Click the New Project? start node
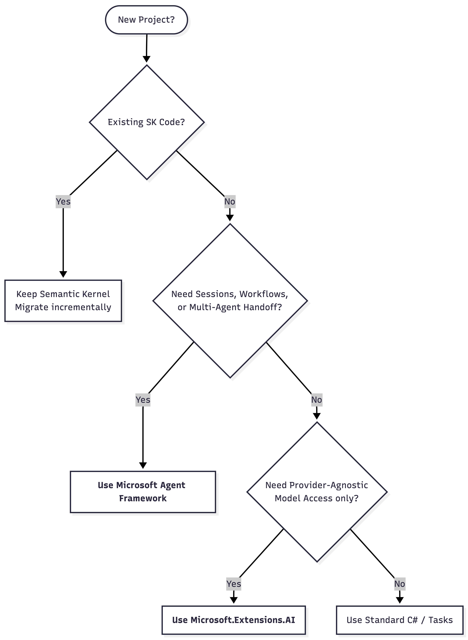tap(146, 20)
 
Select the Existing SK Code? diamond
tap(146, 122)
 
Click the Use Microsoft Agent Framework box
tap(143, 492)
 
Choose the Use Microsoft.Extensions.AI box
tap(233, 620)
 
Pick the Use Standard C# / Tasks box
tap(399, 620)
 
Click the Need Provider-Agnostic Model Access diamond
tap(317, 492)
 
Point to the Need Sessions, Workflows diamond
tap(230, 301)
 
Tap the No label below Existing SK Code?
tap(230, 201)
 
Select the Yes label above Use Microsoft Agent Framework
tap(143, 400)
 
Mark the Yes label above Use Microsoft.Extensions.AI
tap(233, 584)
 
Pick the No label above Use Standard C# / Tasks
tap(399, 584)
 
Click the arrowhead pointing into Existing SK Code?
tap(146, 59)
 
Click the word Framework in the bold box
tap(143, 498)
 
